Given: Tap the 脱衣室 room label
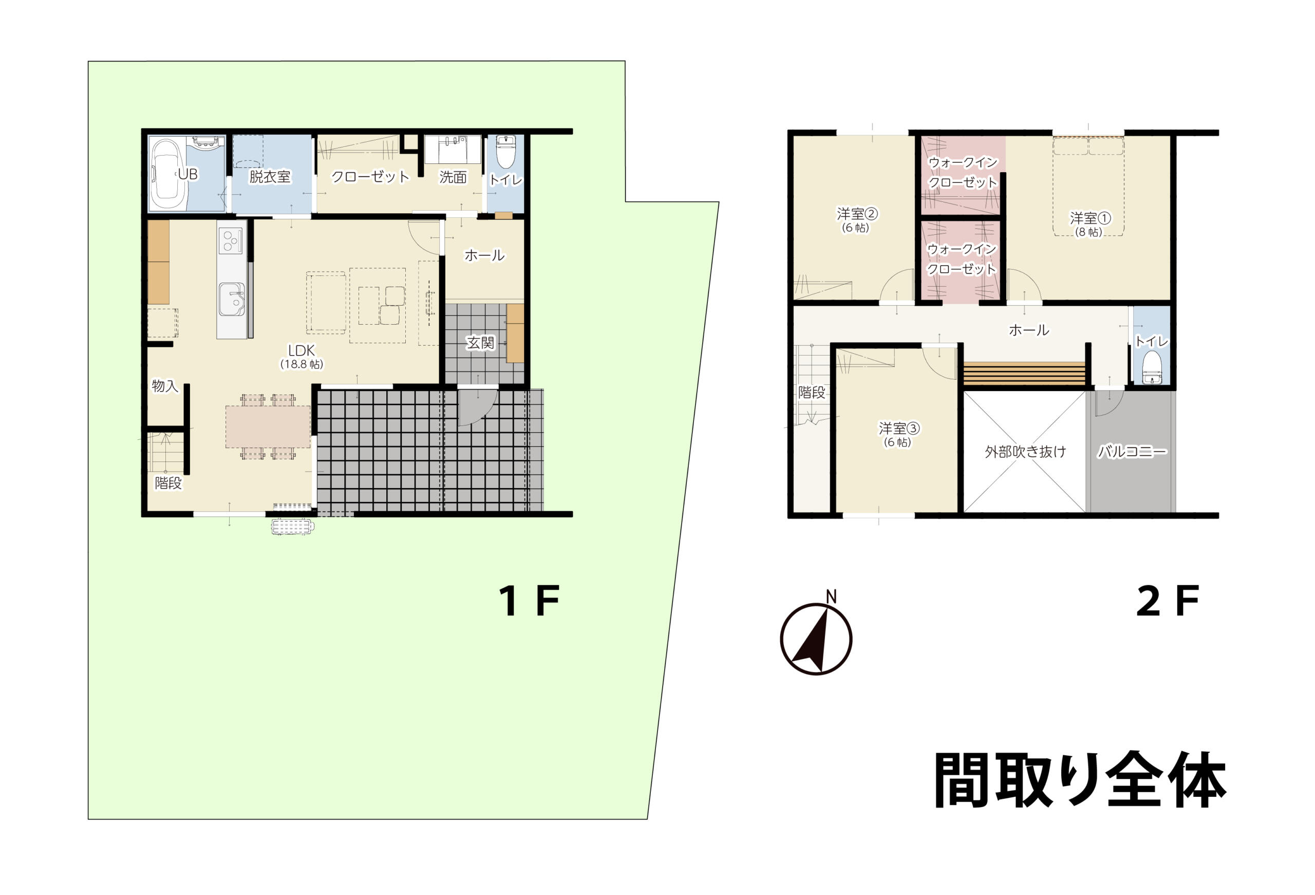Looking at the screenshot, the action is [x=270, y=177].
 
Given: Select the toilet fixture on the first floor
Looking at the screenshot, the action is [x=505, y=151].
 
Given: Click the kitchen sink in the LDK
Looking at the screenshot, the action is [x=232, y=300].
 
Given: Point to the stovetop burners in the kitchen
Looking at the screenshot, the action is [x=231, y=240].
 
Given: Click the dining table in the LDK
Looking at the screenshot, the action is [x=268, y=426].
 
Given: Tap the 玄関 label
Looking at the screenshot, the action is [x=480, y=343].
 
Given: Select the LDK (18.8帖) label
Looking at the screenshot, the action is [x=302, y=357].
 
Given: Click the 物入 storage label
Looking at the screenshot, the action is [x=165, y=386].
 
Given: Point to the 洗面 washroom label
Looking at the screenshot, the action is [x=453, y=177].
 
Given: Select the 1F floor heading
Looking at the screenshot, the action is [x=529, y=601].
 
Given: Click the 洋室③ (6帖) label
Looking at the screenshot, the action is [x=898, y=434].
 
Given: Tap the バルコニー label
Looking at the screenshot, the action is [x=1131, y=451].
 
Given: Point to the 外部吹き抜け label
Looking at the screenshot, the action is [x=1025, y=451].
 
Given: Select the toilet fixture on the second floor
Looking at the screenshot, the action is [x=1152, y=367].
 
